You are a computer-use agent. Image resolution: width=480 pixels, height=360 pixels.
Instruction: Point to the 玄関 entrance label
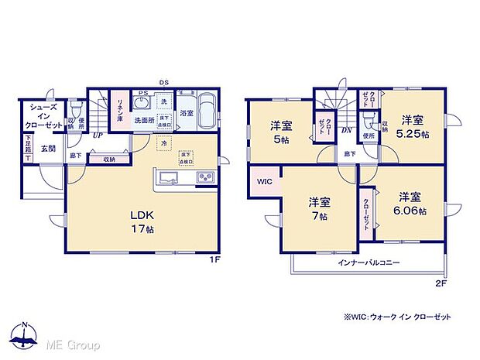pyautogui.click(x=48, y=149)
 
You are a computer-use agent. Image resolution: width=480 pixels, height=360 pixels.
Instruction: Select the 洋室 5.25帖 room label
pyautogui.click(x=412, y=126)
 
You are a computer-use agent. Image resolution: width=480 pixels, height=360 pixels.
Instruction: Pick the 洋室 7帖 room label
pyautogui.click(x=319, y=209)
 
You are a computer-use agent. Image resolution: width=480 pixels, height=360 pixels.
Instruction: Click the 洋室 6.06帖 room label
pyautogui.click(x=410, y=203)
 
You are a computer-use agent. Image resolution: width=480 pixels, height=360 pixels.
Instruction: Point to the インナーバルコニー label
pyautogui.click(x=369, y=263)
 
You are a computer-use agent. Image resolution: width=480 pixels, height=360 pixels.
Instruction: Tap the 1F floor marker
pyautogui.click(x=218, y=260)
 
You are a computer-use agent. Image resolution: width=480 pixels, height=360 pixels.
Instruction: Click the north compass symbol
pyautogui.click(x=26, y=334)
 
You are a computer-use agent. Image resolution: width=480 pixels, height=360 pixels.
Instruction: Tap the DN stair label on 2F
pyautogui.click(x=347, y=131)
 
